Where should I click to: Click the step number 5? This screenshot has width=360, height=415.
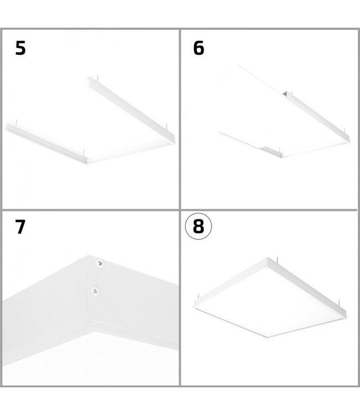tap(20, 48)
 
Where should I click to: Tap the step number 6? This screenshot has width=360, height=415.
tap(198, 48)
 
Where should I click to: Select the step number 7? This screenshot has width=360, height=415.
tap(20, 227)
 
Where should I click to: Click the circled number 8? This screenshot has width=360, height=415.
tap(198, 227)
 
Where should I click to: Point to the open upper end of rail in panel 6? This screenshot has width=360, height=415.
tap(286, 94)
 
